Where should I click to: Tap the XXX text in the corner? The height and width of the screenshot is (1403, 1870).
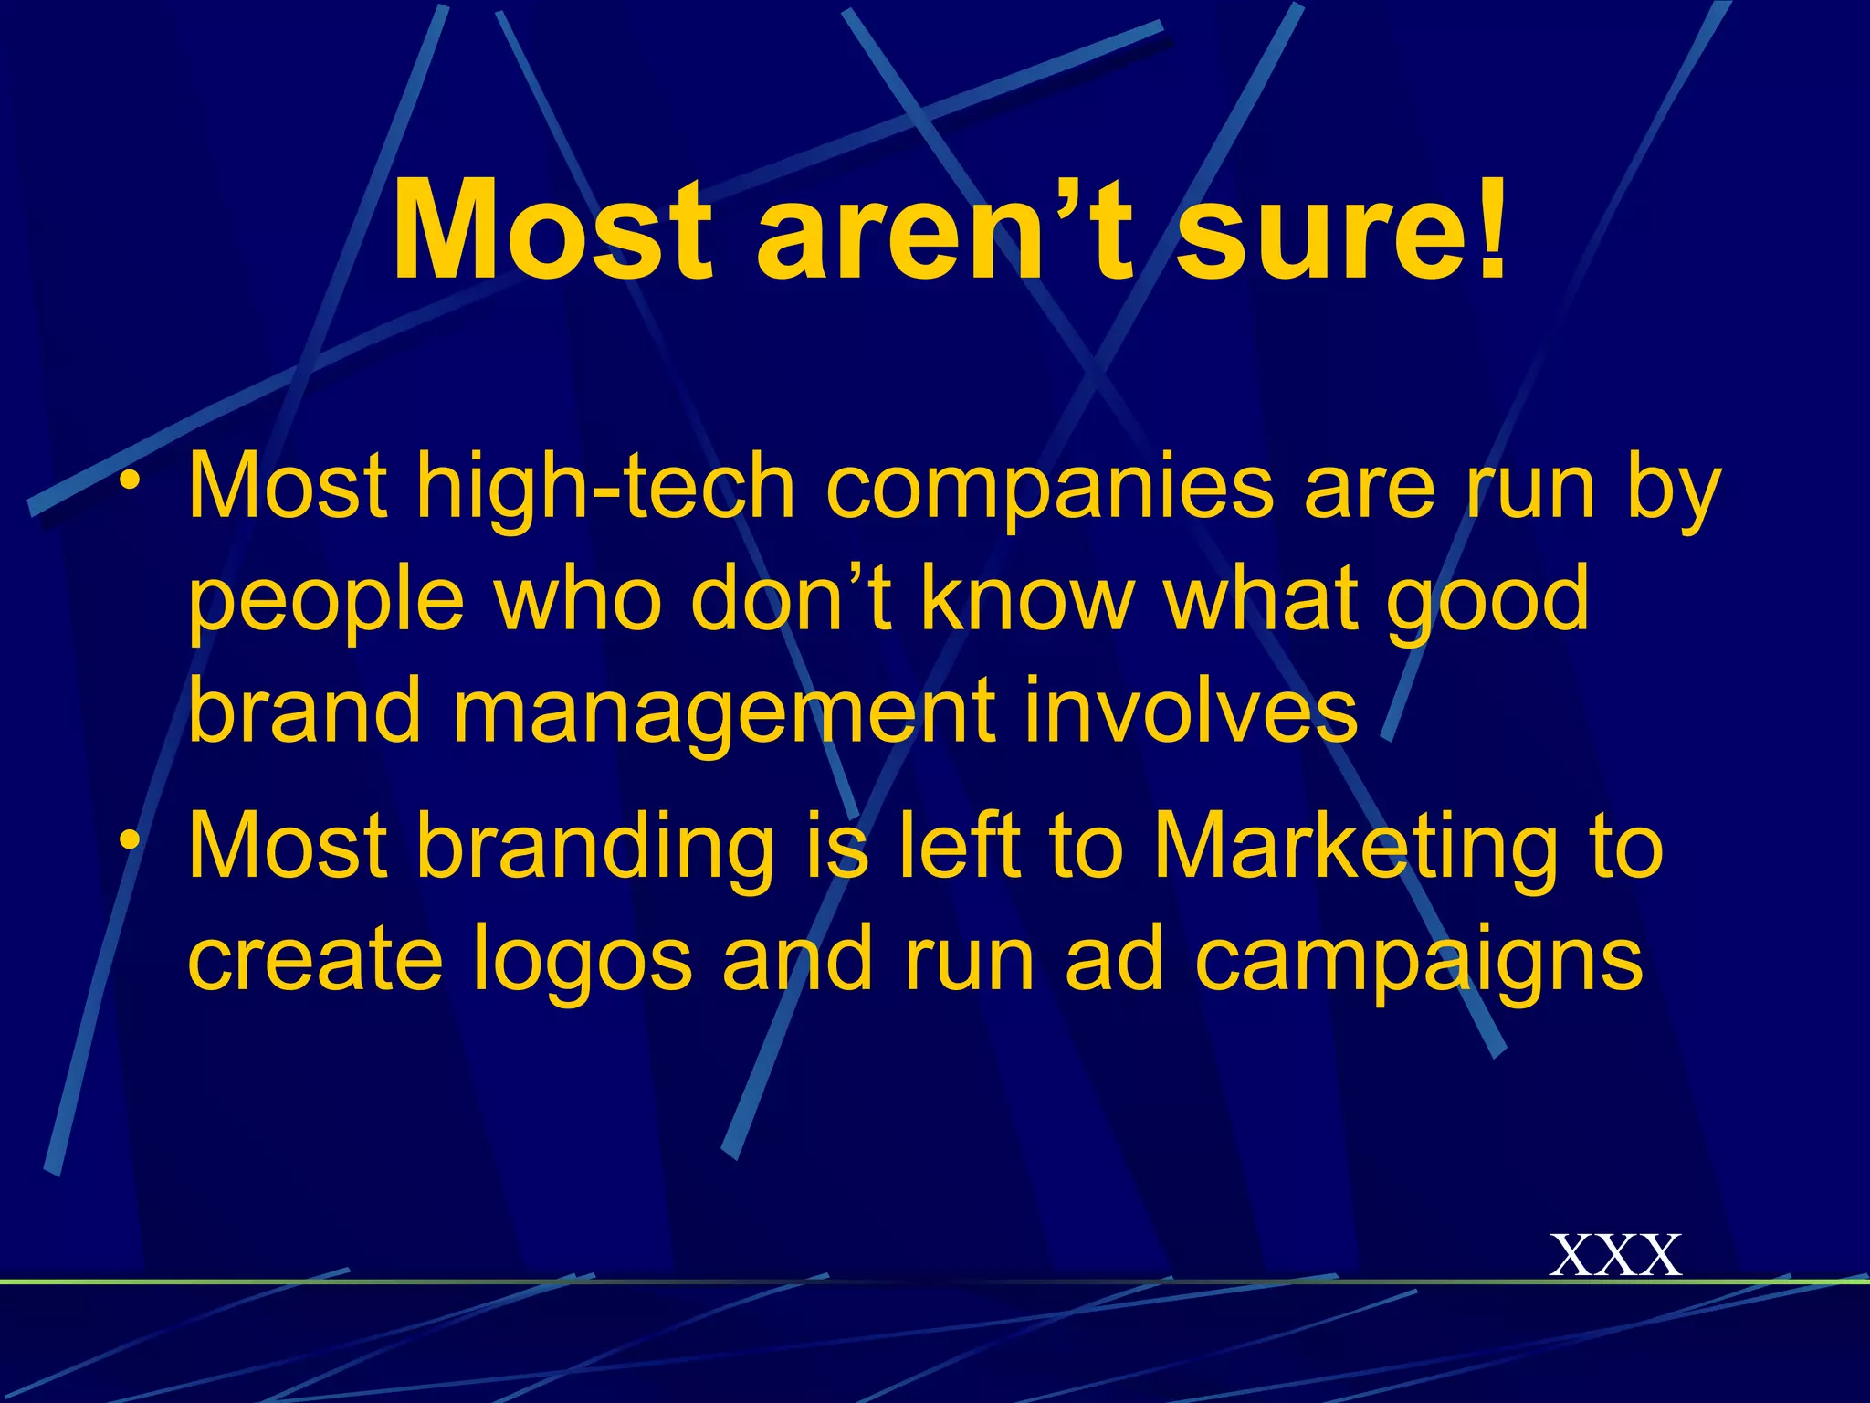[x=1615, y=1255]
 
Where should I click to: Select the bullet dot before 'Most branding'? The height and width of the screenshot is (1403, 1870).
[x=134, y=840]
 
